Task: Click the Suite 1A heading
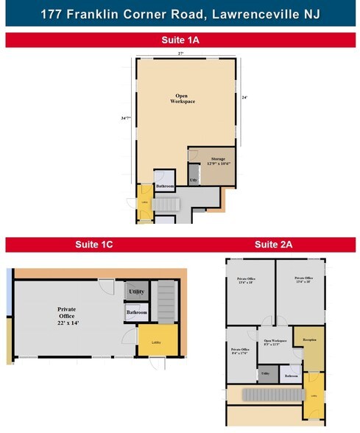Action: click(x=180, y=40)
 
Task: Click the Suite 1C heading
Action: click(x=93, y=244)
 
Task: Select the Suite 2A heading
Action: click(x=273, y=244)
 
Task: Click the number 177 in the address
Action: click(x=54, y=14)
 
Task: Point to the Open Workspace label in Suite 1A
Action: click(x=183, y=99)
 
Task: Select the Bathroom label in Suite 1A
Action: click(x=165, y=186)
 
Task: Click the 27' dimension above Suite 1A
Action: click(x=180, y=54)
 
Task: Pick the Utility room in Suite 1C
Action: click(x=136, y=292)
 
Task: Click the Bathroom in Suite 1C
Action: click(x=136, y=313)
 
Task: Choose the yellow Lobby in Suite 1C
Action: click(x=157, y=341)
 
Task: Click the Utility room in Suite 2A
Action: click(x=265, y=375)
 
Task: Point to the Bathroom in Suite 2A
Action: click(x=291, y=376)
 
